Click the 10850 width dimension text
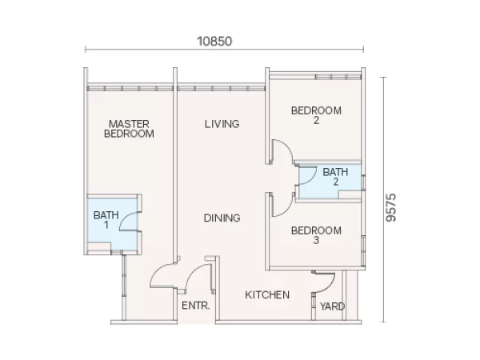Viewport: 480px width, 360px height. click(x=214, y=42)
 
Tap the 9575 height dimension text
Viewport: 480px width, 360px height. click(x=391, y=207)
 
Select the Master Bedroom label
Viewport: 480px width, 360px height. click(x=129, y=129)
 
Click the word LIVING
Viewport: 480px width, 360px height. click(x=222, y=124)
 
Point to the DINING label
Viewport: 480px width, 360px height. click(x=222, y=218)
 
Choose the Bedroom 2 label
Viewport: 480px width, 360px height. click(x=316, y=115)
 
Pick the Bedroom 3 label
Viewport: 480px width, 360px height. click(x=316, y=235)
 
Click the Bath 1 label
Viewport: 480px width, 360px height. click(x=106, y=220)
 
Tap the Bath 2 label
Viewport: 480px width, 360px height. click(x=335, y=177)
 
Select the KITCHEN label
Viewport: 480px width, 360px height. click(x=267, y=294)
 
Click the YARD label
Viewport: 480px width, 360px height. click(x=333, y=306)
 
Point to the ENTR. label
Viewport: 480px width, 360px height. click(x=196, y=306)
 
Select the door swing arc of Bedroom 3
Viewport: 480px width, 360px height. click(x=288, y=208)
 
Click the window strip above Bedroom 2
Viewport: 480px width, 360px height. click(x=338, y=77)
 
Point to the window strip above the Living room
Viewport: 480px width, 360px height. click(x=221, y=89)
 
